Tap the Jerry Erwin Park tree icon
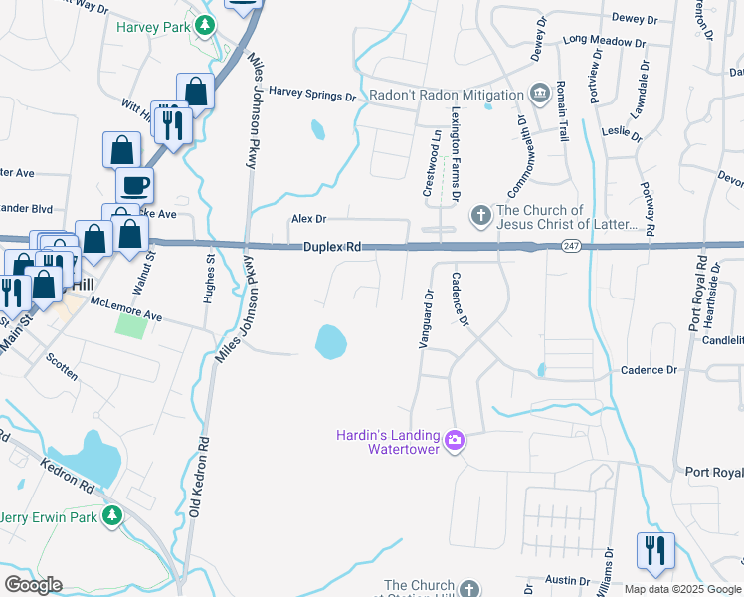pos(113,514)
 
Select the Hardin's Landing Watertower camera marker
pos(455,439)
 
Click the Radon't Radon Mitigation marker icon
pos(539,94)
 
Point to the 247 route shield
pos(569,246)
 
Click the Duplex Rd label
pos(332,245)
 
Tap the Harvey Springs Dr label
pos(311,97)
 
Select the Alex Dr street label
pos(308,219)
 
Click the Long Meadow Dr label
pos(604,41)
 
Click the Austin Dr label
pos(568,580)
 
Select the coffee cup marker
pos(134,184)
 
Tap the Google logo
pos(33,585)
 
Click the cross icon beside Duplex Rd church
pos(480,216)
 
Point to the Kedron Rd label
pos(67,476)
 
